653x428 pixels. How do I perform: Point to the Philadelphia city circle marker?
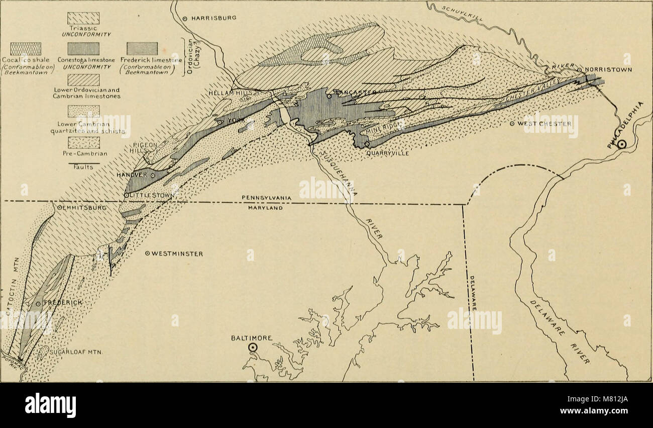[622, 144]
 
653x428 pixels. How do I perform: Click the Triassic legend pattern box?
[83, 18]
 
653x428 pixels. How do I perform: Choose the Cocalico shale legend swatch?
[26, 49]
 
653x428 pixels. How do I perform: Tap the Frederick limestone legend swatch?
[142, 49]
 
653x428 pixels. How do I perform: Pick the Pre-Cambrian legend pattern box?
[83, 143]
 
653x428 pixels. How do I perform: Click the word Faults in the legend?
[83, 168]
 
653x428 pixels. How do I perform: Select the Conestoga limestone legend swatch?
[83, 49]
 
